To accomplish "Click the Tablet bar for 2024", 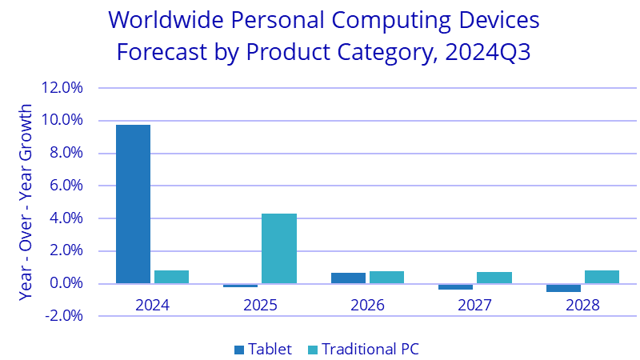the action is (x=133, y=204).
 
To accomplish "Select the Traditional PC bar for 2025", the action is (x=279, y=249).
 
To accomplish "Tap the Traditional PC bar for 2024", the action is (x=171, y=277).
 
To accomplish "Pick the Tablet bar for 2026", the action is (x=348, y=278).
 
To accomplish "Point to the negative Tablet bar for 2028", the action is (x=563, y=288).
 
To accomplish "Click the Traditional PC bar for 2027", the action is (x=494, y=278).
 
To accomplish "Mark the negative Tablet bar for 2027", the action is (x=455, y=286).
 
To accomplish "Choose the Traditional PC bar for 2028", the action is (x=602, y=277).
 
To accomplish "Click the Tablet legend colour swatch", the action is (x=239, y=350).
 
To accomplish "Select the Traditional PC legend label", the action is (x=370, y=349).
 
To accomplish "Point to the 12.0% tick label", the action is (x=62, y=87).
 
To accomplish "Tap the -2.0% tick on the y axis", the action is (x=64, y=315).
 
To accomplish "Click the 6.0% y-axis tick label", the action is (x=66, y=186).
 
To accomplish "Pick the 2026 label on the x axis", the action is (x=367, y=305).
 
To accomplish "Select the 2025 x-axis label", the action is (x=260, y=305).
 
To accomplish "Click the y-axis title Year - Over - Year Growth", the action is (x=26, y=202).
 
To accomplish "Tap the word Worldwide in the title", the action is (x=166, y=19).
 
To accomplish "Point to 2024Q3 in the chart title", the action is (x=488, y=52).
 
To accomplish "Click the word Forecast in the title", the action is (x=162, y=52).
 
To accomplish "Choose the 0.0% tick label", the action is (x=66, y=283).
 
